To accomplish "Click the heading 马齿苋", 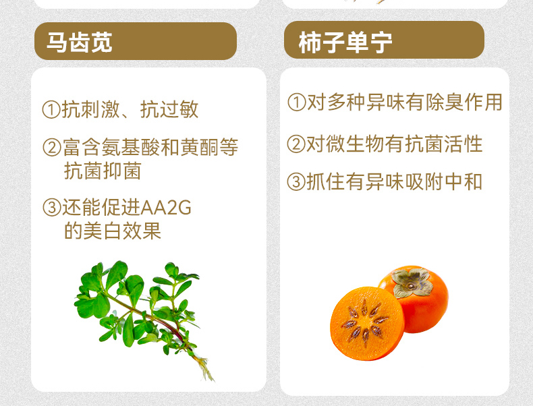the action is point(79,42).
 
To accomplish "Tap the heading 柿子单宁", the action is point(345,42).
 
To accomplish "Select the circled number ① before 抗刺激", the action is point(51,110).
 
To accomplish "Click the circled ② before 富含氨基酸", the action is point(52,148).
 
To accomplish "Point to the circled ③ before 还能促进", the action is point(52,207).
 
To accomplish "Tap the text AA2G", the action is point(165,208).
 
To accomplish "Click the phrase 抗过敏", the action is point(169,109).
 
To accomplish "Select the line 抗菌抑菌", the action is point(103,171).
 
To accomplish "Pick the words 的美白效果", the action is point(113,231).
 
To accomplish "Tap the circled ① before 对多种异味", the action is point(296,102).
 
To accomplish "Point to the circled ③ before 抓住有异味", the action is point(296,182).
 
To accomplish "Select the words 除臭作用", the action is point(464,102).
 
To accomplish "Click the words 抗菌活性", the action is point(444,144).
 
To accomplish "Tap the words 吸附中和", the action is point(443,182).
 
